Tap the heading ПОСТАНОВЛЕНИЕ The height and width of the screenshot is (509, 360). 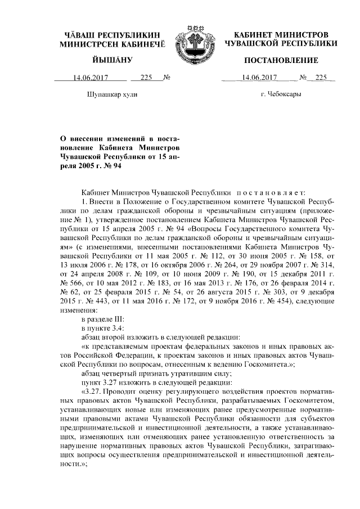pos(281,60)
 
